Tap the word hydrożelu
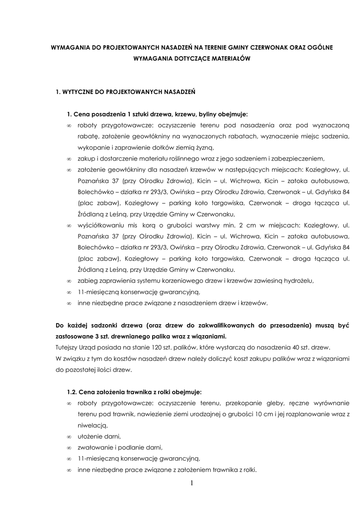pos(296,281)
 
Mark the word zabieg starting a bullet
pos(88,281)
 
